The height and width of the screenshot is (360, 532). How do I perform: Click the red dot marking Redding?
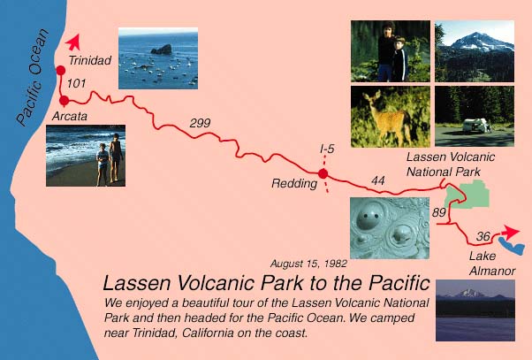323,174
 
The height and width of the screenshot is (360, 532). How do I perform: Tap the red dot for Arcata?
64,101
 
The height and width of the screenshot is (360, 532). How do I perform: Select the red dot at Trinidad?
61,70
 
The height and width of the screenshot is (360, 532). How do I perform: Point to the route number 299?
200,123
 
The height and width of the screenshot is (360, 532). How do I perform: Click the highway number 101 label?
76,83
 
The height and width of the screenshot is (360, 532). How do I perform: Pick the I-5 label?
327,149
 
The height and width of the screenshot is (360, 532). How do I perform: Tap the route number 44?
378,180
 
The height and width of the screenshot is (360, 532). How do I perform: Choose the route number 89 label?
438,212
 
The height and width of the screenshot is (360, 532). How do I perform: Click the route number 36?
483,236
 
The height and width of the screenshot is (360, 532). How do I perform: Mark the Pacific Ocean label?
32,78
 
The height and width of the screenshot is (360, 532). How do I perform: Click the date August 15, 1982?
308,264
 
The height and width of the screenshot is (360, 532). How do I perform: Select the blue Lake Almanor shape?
512,246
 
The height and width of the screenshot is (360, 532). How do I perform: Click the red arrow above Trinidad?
73,42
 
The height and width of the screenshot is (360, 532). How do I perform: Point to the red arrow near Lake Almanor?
511,232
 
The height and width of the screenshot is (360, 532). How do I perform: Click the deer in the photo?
389,117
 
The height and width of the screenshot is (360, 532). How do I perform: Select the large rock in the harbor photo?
162,50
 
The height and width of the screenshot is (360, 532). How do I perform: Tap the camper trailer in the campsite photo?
476,125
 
